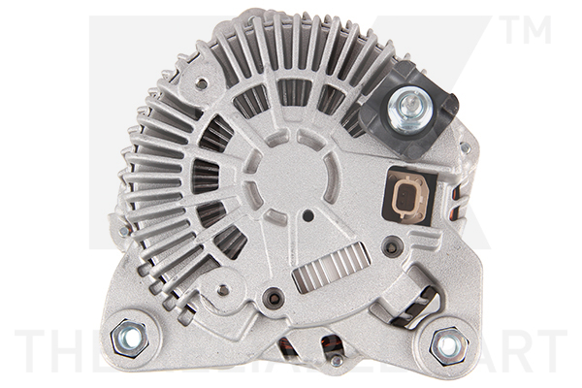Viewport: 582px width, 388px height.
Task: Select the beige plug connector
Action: click(407, 196)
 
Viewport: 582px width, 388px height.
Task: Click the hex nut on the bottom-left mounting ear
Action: click(128, 338)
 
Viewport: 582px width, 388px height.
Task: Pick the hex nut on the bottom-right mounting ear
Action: click(447, 344)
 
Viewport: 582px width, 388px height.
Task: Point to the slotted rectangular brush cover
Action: click(331, 264)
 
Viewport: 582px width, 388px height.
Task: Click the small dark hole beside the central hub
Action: click(307, 215)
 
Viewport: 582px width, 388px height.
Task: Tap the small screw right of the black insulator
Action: click(466, 147)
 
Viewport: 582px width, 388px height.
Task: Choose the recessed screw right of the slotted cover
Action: click(391, 248)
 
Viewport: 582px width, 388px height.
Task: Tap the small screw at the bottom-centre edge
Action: click(335, 362)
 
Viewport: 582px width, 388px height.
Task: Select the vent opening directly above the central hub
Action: click(295, 93)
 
